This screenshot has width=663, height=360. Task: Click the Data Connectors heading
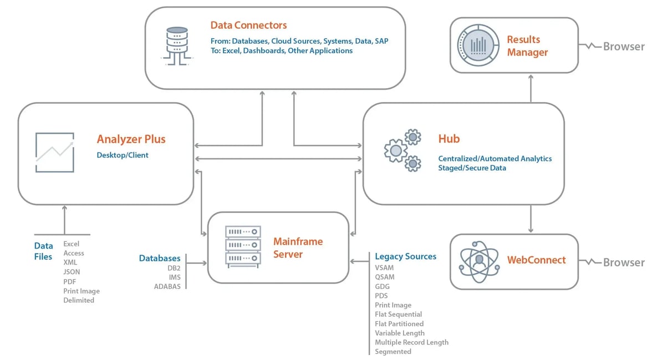[x=248, y=26]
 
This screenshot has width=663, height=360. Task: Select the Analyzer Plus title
[x=131, y=139]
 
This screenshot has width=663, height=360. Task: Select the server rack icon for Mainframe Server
[x=243, y=245]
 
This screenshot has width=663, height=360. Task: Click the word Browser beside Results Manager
[x=624, y=47]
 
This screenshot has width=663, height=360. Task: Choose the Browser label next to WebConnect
[x=624, y=262]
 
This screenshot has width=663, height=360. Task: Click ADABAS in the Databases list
[x=167, y=287]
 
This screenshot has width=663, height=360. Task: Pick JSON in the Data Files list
[x=72, y=272]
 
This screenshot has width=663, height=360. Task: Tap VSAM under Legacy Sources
[x=385, y=267]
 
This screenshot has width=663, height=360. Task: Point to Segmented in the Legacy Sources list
[x=393, y=352]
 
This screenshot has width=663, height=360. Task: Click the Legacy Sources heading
[x=405, y=256]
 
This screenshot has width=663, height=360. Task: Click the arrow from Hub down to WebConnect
[x=531, y=219]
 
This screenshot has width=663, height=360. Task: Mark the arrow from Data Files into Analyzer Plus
[x=64, y=220]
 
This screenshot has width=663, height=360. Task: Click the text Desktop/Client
[x=123, y=155]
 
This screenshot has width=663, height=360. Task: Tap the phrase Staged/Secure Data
[x=472, y=168]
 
